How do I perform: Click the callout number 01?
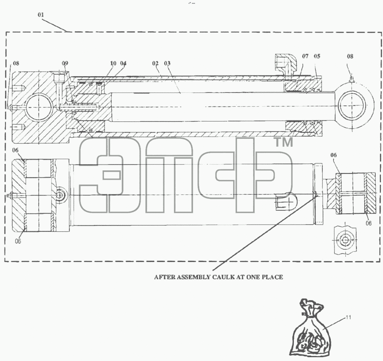pos(41,15)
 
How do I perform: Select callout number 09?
pos(65,63)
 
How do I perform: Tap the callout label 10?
pos(113,63)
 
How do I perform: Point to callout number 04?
pos(123,63)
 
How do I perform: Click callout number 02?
pos(155,63)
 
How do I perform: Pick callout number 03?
pos(167,63)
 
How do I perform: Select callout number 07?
pos(305,56)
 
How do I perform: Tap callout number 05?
pos(317,56)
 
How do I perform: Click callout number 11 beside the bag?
pos(348,317)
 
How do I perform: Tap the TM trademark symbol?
pos(284,143)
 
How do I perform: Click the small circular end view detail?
pos(345,240)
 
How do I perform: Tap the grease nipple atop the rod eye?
pos(352,79)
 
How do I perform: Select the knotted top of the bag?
pos(310,307)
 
